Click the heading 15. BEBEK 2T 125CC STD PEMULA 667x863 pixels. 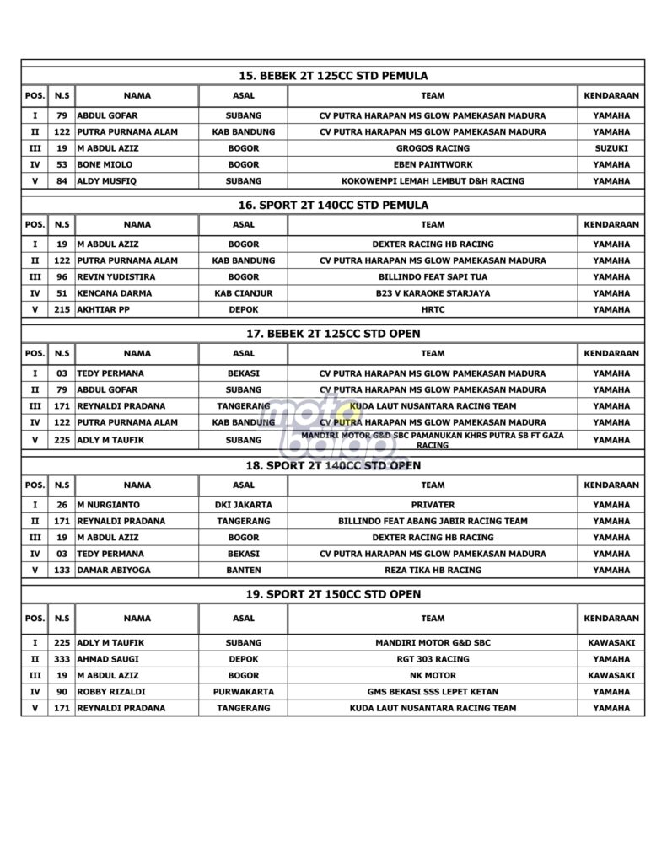coord(333,76)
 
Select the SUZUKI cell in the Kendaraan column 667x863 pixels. coord(611,148)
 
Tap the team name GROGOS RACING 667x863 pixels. coord(433,148)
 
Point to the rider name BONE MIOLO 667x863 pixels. coord(105,164)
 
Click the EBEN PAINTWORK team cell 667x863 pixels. coord(433,164)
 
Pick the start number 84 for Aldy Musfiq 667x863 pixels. coord(62,180)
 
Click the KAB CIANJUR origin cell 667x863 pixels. coord(243,293)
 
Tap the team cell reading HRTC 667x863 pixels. coord(433,309)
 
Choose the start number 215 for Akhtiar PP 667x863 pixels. coord(62,309)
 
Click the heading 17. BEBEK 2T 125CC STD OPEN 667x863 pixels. coord(333,334)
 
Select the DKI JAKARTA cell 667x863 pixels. coord(243,505)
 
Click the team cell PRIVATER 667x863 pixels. coord(433,505)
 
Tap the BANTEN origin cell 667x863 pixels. coord(243,570)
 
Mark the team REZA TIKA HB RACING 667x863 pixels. coord(433,570)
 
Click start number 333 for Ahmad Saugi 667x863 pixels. coord(62,659)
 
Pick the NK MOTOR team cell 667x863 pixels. coord(433,675)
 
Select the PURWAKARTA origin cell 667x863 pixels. coord(243,692)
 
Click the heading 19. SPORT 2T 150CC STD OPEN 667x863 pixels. coord(333,594)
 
